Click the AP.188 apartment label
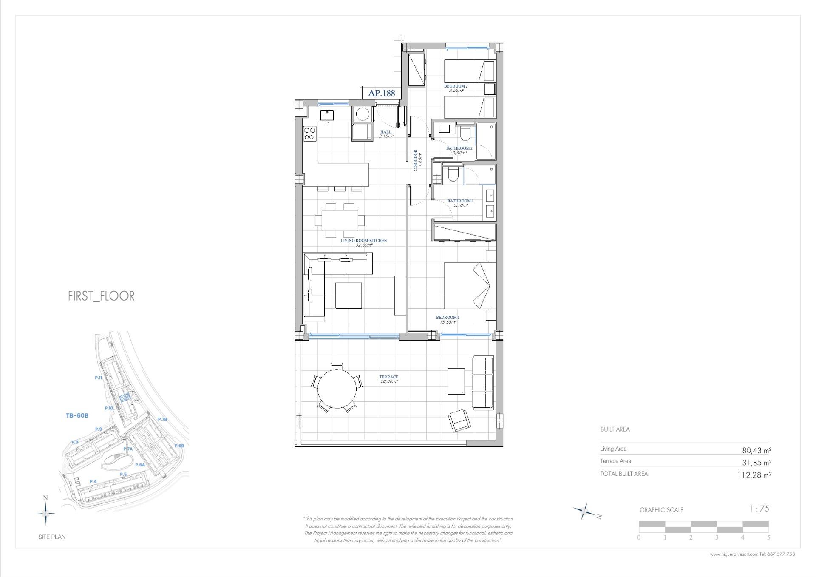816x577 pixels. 381,93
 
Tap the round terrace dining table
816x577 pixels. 337,389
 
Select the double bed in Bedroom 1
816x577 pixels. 470,285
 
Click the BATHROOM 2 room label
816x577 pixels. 459,148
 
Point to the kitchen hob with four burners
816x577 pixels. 310,134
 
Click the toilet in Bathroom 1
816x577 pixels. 453,174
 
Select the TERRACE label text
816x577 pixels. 389,377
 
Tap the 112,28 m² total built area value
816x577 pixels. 754,475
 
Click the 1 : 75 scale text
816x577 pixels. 759,509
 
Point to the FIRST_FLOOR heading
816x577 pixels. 101,296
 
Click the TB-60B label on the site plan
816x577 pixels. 77,415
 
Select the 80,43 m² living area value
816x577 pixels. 756,450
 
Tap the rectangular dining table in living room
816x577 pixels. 340,220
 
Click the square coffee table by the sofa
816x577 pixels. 348,295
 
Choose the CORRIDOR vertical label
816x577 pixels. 416,160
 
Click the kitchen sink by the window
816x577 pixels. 327,114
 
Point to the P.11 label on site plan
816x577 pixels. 99,378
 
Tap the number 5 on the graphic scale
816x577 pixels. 768,537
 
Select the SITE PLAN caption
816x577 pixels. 52,537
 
